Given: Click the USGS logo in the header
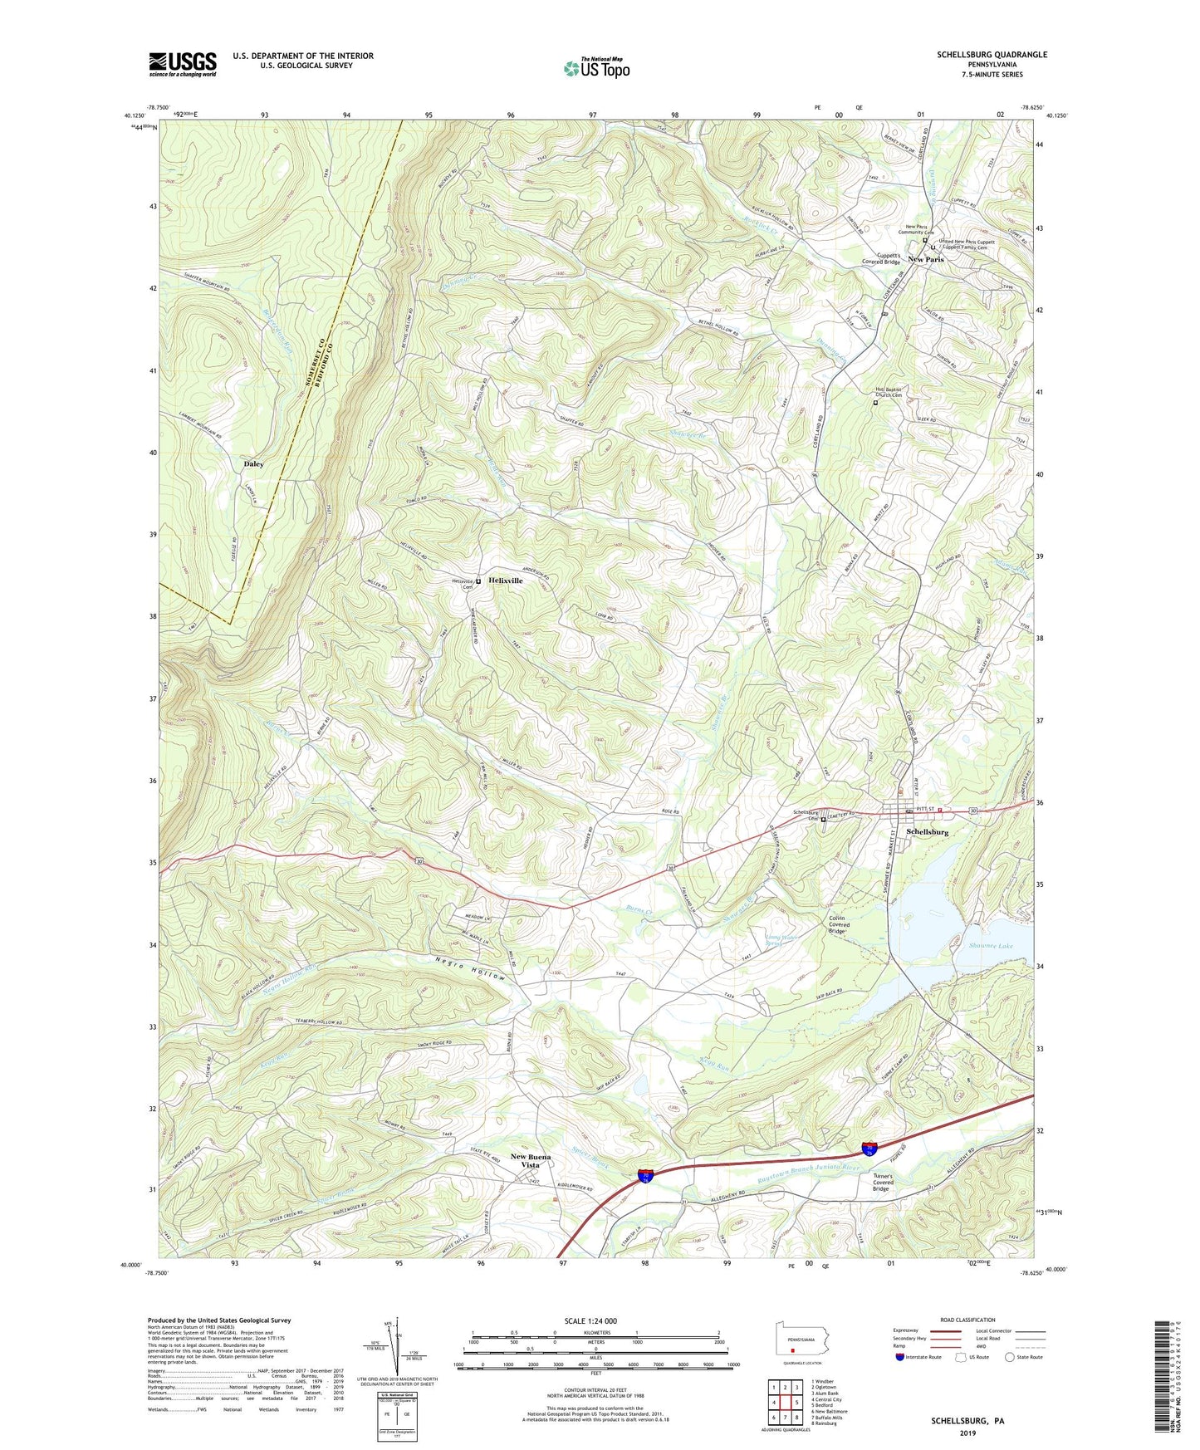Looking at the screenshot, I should tap(183, 64).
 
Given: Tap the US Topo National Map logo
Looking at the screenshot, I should tap(595, 68).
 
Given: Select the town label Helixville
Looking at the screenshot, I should tap(506, 580).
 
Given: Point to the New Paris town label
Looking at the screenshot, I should tap(925, 259).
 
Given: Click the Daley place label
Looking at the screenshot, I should tap(253, 464).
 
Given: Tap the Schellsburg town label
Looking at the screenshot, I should tap(927, 831).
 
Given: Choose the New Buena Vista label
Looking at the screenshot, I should tap(531, 1160).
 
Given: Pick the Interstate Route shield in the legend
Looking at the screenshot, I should tap(900, 1357).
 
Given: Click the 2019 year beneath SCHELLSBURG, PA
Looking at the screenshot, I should tap(967, 1433).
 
